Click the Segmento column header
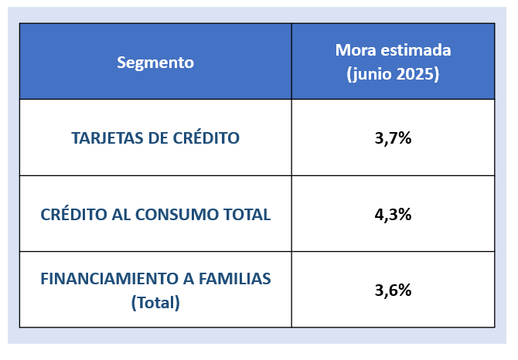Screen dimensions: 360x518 155,63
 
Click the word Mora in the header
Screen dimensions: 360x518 353,50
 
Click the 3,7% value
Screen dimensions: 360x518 393,138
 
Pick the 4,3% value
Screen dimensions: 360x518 393,215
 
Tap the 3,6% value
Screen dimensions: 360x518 393,290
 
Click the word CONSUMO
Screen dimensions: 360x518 190,215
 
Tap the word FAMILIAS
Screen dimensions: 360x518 236,279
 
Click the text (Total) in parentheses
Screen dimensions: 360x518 155,303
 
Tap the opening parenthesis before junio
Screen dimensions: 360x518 349,76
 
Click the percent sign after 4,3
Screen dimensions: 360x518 404,215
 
